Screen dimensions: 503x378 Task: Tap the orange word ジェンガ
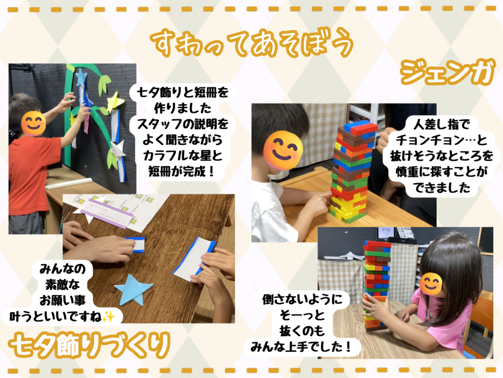tap(447, 73)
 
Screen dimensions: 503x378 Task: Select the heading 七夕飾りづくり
tap(89, 346)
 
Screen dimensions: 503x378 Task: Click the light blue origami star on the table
tap(133, 289)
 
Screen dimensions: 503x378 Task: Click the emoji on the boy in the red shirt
tap(33, 123)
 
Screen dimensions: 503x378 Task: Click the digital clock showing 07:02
tap(386, 231)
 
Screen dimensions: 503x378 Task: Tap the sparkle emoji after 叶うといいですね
tap(109, 317)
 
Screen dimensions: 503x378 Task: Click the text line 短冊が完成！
tap(182, 172)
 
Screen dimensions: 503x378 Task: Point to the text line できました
tap(442, 188)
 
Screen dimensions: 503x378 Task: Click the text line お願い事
tap(62, 301)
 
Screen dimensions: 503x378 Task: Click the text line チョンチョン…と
tap(442, 140)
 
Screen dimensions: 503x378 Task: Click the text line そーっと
tap(302, 315)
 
